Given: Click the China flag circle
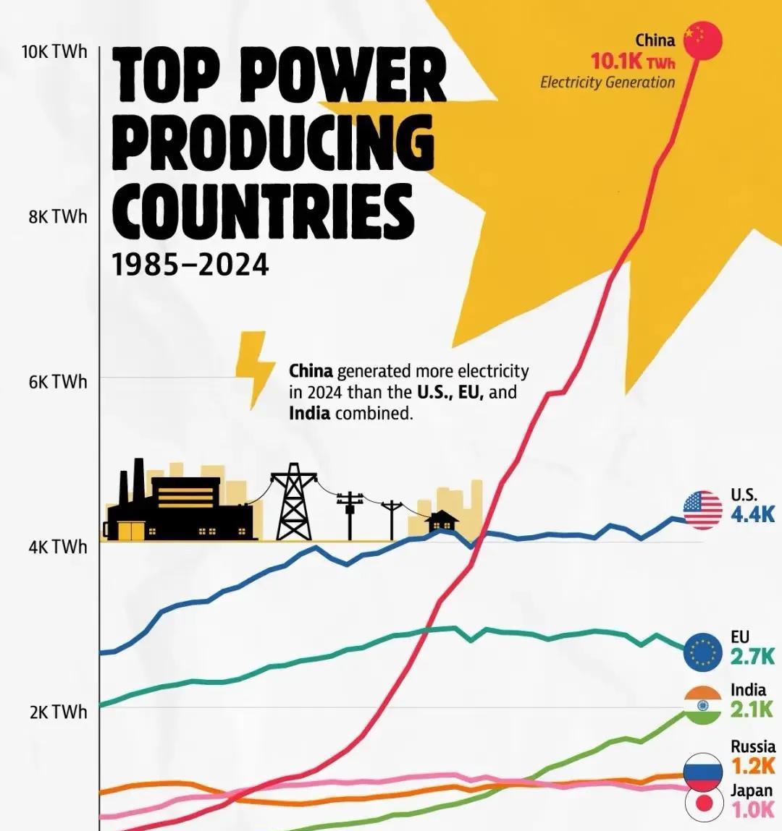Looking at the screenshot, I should coord(703,41).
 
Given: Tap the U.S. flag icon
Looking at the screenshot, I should coord(702,509).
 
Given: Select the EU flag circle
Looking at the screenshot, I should coord(702,652).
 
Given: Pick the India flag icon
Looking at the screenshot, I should coord(702,705).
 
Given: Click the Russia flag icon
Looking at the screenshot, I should coord(702,771).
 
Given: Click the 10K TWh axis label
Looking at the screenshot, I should coord(55,52).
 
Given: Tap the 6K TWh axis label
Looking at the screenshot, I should coord(58,381).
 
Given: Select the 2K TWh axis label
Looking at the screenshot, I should coord(58,712).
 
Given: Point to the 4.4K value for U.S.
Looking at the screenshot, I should coord(752,514).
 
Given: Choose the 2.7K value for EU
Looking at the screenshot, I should coord(752,657).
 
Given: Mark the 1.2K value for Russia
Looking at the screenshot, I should coord(752,765).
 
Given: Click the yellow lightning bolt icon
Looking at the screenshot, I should coord(254,368).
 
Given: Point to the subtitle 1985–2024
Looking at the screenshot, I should coord(190,265).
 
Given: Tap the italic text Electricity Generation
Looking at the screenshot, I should coord(607,82).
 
